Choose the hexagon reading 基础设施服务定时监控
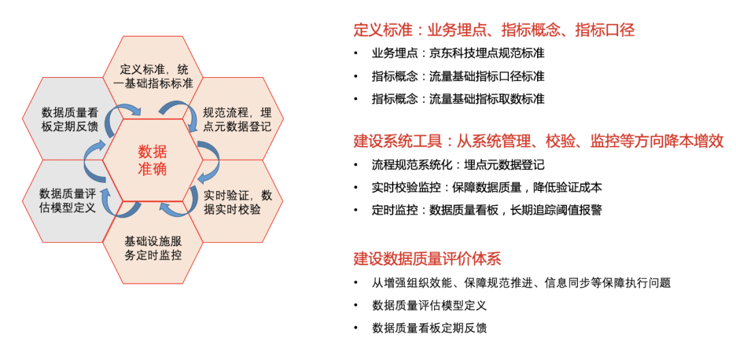pos(153,248)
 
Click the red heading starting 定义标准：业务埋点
pos(494,30)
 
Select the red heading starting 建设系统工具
pos(538,141)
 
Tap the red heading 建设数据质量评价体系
pos(427,258)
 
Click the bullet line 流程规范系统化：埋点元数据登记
pos(458,165)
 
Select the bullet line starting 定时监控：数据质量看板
pos(487,210)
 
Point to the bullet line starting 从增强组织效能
pos(521,282)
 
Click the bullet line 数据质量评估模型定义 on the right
pos(429,305)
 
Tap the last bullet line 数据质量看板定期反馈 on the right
pos(429,328)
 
